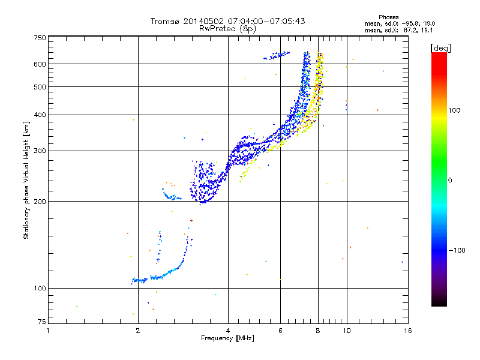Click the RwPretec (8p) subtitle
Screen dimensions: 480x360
pos(227,29)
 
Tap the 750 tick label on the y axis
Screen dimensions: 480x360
pos(40,38)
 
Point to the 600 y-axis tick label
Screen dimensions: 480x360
pos(40,64)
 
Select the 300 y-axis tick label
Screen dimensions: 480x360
pos(40,151)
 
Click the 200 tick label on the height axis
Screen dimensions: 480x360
pos(40,202)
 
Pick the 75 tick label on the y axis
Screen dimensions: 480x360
pos(42,322)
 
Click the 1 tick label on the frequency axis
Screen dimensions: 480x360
pos(48,331)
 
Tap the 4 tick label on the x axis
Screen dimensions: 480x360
pos(228,331)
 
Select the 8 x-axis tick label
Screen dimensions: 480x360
pos(318,331)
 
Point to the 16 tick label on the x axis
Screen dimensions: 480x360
pos(408,331)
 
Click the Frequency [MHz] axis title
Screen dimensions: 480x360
pos(227,338)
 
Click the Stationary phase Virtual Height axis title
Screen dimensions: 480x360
pos(26,181)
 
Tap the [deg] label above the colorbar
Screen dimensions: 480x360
pos(440,48)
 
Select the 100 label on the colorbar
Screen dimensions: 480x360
pos(454,110)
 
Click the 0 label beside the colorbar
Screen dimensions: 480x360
pos(450,180)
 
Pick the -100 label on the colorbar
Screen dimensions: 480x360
pos(457,250)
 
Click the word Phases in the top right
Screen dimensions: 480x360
pos(388,17)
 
